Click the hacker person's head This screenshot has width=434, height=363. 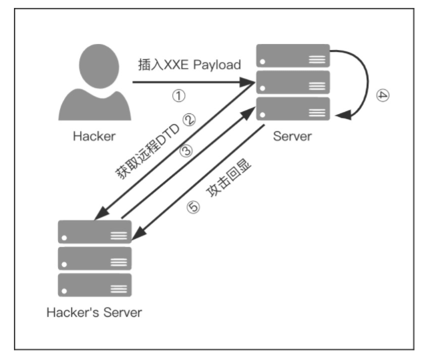(x=99, y=66)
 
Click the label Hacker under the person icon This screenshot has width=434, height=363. (x=94, y=136)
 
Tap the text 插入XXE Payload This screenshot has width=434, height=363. (x=190, y=65)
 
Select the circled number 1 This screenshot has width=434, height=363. (x=179, y=95)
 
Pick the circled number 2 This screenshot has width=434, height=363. (x=190, y=120)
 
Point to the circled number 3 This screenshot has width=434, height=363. (x=186, y=151)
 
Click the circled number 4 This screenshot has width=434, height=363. (x=383, y=95)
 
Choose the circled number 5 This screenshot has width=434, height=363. (x=193, y=207)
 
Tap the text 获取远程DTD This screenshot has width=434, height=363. (x=148, y=151)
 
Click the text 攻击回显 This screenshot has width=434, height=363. (x=228, y=177)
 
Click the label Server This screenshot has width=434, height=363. (x=292, y=136)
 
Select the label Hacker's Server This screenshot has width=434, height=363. (x=94, y=313)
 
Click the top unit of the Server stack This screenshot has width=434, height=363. (x=293, y=55)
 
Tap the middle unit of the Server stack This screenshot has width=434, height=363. (x=293, y=82)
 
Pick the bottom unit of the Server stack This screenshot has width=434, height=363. (x=293, y=109)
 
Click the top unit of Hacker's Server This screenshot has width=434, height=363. (x=95, y=232)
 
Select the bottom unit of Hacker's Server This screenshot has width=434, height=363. (x=95, y=285)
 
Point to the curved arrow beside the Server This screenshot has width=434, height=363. (x=368, y=82)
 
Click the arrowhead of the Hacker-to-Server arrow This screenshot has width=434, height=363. (x=247, y=82)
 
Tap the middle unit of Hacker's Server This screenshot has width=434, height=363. (x=95, y=258)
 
